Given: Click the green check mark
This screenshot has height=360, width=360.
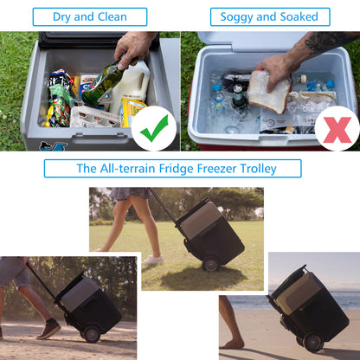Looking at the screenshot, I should pos(155,129).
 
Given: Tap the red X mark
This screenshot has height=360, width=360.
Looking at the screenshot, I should pos(337,129).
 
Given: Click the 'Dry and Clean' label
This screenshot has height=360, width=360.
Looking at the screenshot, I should pos(89,16).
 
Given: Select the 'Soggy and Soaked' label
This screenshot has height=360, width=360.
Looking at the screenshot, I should pos(269,16).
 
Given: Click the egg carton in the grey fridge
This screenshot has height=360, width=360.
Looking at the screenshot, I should pos(93,114).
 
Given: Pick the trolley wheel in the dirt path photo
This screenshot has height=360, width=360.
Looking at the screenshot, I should pos(90,332).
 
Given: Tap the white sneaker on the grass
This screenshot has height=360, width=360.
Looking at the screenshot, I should pos(153,260).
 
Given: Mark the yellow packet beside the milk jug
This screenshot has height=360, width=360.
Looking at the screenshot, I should pos(132,109).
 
